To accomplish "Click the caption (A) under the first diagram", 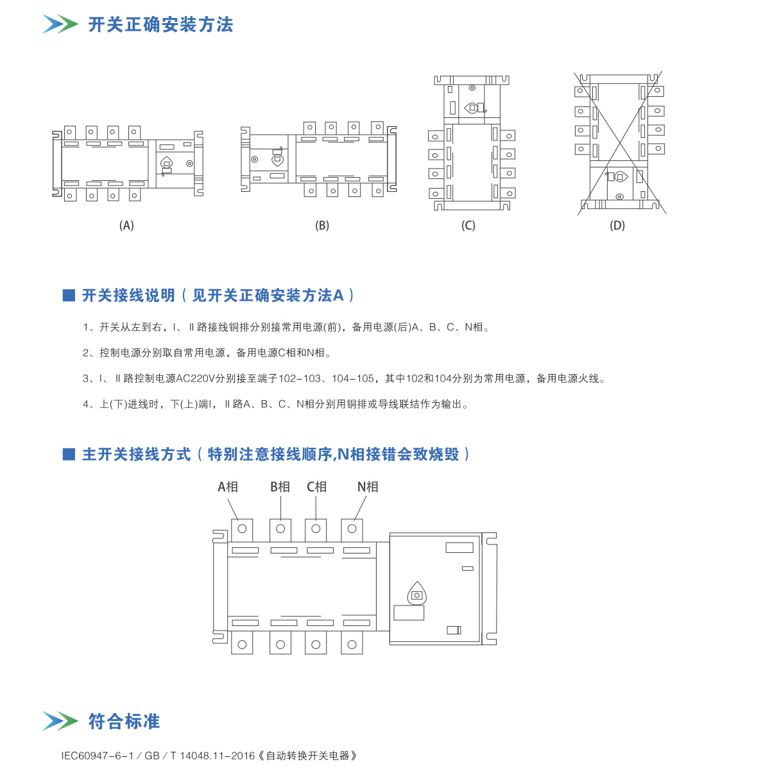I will point(126,225).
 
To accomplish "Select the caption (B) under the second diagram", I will point(322,225).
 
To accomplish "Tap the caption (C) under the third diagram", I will point(468,225).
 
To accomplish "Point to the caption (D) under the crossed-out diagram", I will point(617,225).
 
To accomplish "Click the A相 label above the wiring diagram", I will point(228,487).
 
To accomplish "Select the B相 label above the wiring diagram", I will point(280,487).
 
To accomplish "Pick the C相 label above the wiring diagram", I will point(317,487).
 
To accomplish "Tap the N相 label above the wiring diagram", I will point(368,487).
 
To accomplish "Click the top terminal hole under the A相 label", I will point(243,529).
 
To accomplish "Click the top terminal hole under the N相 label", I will point(352,529).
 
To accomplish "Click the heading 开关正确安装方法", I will point(160,25).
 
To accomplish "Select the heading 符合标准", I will point(124,722).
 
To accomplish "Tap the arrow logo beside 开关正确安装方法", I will point(60,24).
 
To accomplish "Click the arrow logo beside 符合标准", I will point(60,721).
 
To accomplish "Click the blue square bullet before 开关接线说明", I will point(69,295).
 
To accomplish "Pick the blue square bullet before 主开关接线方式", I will point(69,454).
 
